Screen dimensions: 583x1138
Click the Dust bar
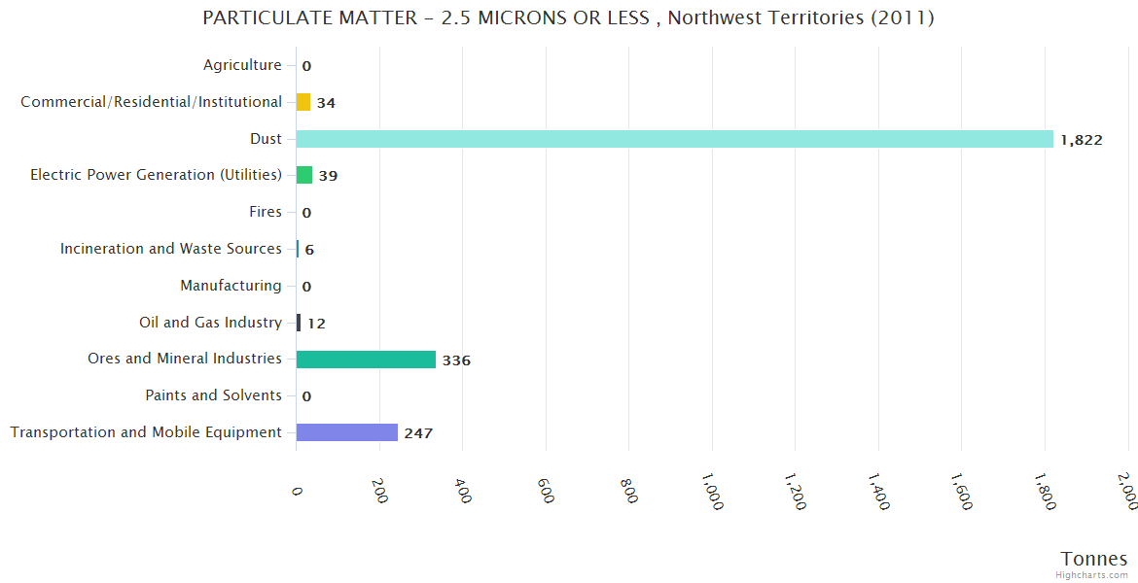coord(674,139)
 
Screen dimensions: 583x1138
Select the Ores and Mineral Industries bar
coord(366,360)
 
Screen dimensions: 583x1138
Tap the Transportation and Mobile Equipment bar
coord(347,432)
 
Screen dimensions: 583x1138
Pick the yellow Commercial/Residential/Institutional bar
coord(303,102)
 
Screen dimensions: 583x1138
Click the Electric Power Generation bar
coord(304,175)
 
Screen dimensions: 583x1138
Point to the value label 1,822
coord(1082,140)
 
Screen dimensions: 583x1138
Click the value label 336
coord(456,360)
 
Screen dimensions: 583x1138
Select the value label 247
coord(418,433)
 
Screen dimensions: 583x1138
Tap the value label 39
coord(328,176)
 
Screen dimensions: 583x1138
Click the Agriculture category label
coord(242,65)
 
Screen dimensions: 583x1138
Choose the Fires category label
coord(266,212)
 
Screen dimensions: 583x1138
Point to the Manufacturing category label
coord(231,286)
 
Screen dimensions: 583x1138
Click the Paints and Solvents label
coord(213,395)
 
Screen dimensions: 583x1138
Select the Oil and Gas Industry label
coord(210,323)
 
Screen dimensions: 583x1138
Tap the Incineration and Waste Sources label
coord(171,249)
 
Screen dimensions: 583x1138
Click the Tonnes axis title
coord(1093,559)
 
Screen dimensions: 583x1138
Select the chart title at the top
coord(568,18)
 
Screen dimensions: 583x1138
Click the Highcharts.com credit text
coord(1092,575)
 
